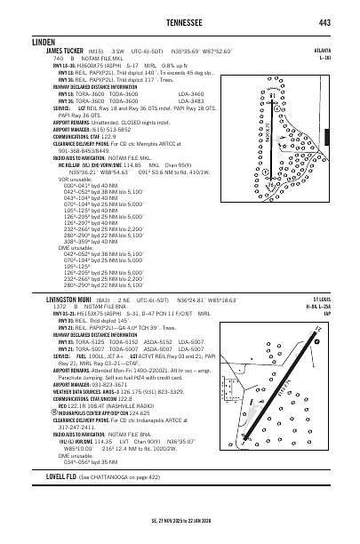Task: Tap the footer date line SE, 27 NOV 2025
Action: [x=180, y=523]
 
